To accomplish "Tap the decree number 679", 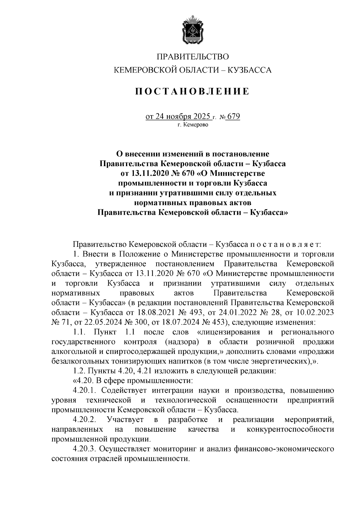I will point(234,116).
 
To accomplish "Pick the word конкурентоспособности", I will point(290,429).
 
